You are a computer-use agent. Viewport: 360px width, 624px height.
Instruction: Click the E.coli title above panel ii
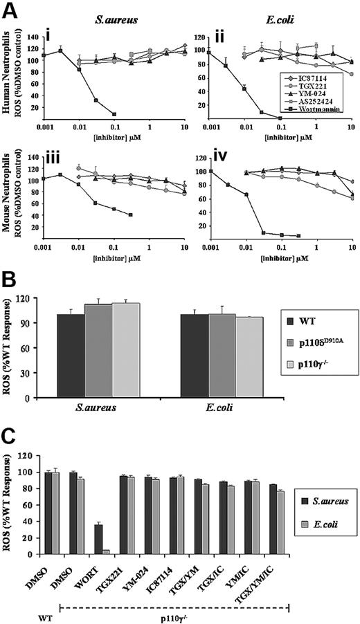pyautogui.click(x=276, y=21)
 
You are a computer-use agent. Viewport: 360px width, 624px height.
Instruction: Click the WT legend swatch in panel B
pyautogui.click(x=295, y=320)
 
